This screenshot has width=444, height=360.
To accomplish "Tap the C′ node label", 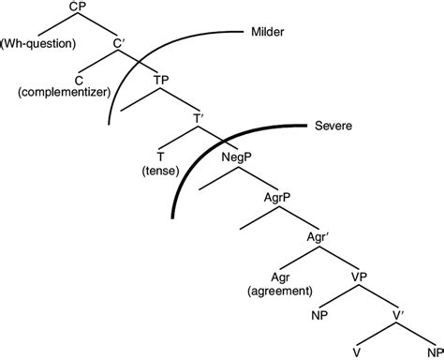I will [120, 42].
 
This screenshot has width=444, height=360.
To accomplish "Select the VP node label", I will [357, 278].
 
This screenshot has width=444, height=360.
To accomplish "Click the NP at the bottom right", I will [432, 352].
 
